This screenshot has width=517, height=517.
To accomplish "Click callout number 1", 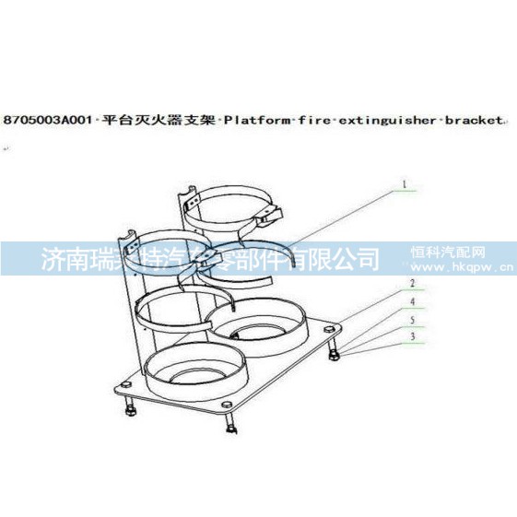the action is (405, 184).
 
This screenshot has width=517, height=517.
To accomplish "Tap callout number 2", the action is (412, 283).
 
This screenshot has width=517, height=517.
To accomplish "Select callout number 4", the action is (413, 301).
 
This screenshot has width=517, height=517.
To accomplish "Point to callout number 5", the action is (412, 320).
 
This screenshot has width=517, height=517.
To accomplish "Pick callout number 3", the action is (413, 336).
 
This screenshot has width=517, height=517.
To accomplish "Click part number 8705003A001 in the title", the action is (47, 120).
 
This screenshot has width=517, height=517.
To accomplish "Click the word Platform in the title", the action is (257, 121).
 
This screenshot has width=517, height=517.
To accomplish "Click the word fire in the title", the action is (315, 121).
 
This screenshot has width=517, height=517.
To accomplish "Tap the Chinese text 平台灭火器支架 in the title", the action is (158, 120).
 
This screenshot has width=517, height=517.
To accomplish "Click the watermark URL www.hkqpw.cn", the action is (463, 266).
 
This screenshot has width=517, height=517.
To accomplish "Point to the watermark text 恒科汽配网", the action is (448, 253).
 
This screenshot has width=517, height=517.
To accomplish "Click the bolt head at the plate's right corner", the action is (329, 329).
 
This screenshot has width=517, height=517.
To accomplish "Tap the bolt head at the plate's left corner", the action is (126, 384).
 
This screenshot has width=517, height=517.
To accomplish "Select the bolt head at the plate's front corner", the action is (227, 405).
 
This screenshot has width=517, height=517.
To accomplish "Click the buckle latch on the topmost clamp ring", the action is (269, 217).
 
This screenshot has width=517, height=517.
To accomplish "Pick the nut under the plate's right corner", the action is (333, 356).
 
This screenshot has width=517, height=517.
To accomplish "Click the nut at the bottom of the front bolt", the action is (230, 429).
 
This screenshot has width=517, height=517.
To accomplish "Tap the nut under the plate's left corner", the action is (130, 411).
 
